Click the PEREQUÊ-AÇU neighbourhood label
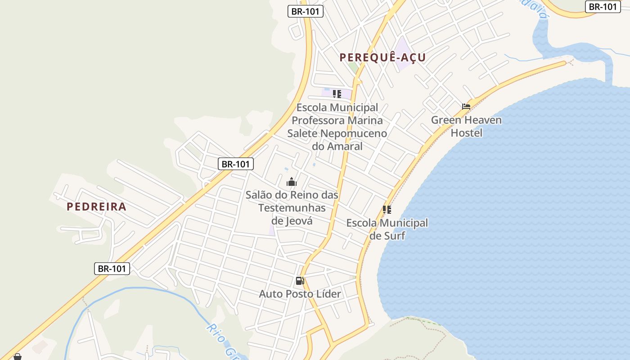click(382, 58)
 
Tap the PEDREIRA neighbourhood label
click(96, 207)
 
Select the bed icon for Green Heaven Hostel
click(466, 107)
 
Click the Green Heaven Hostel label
click(466, 126)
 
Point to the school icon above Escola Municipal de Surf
click(387, 210)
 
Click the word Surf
click(394, 236)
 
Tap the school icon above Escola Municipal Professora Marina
click(337, 94)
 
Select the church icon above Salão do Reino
click(292, 182)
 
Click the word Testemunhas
click(292, 208)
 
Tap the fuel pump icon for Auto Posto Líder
click(300, 281)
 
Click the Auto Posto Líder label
click(300, 294)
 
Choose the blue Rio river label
click(213, 333)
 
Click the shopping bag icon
click(17, 357)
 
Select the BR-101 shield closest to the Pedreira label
click(112, 269)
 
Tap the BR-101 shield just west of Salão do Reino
click(236, 164)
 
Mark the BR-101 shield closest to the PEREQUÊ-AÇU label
click(306, 12)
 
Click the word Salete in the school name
click(302, 134)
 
